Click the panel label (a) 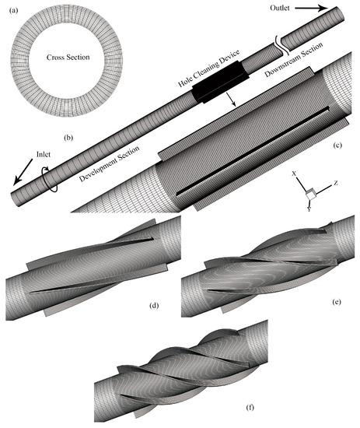(13, 11)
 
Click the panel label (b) (68, 138)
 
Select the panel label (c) (337, 145)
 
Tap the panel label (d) (154, 306)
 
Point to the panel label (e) (337, 302)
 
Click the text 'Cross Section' (68, 58)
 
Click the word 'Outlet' (280, 8)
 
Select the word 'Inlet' (44, 154)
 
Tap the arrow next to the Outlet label (311, 9)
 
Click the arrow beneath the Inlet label (23, 171)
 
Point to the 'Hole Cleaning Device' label (209, 68)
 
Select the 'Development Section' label (110, 163)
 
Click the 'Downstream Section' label (294, 59)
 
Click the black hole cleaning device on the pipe (220, 82)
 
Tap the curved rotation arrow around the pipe (49, 181)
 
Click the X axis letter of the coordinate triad (294, 174)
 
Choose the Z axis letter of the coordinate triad (336, 183)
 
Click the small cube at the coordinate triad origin (311, 194)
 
